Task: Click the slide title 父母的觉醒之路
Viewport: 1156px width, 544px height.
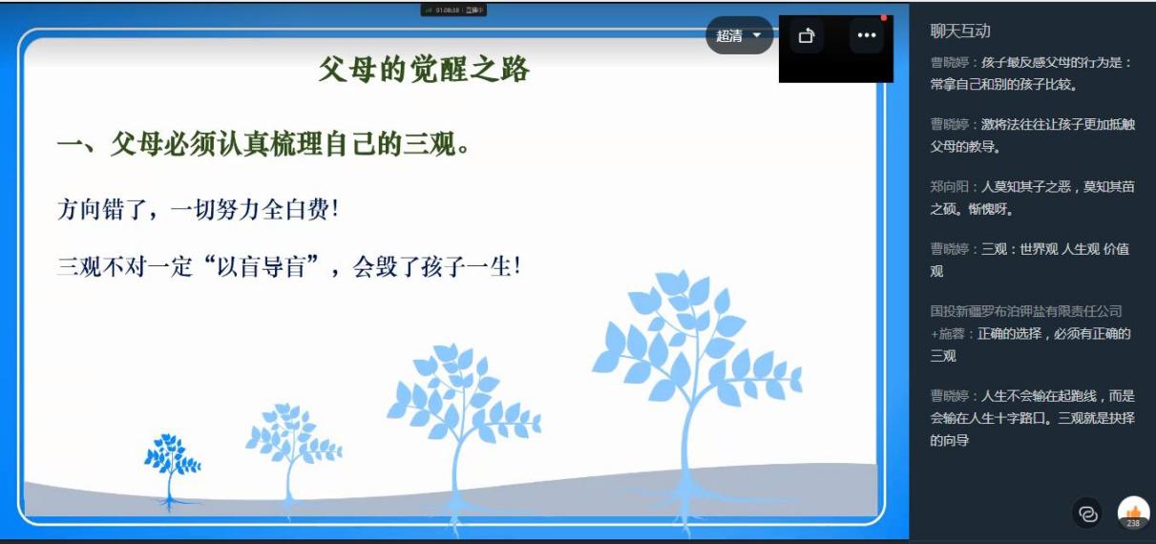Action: click(424, 70)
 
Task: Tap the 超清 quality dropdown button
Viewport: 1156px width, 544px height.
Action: click(739, 35)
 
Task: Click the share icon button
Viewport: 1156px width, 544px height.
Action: click(807, 35)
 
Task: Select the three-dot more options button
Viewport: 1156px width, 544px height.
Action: click(867, 35)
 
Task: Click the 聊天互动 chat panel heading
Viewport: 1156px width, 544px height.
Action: click(960, 31)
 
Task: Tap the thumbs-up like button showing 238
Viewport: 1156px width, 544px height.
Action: click(1133, 513)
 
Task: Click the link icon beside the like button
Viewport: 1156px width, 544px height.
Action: click(1088, 513)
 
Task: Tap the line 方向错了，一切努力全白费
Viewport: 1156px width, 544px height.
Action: click(198, 210)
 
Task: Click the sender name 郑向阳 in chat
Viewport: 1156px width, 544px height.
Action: click(949, 186)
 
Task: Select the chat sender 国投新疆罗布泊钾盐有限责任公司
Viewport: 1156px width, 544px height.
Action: click(1026, 311)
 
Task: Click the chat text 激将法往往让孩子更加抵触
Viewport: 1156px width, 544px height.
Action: click(1058, 124)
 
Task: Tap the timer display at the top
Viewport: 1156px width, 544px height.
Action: click(453, 10)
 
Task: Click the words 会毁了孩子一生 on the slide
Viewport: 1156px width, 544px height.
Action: click(436, 267)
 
